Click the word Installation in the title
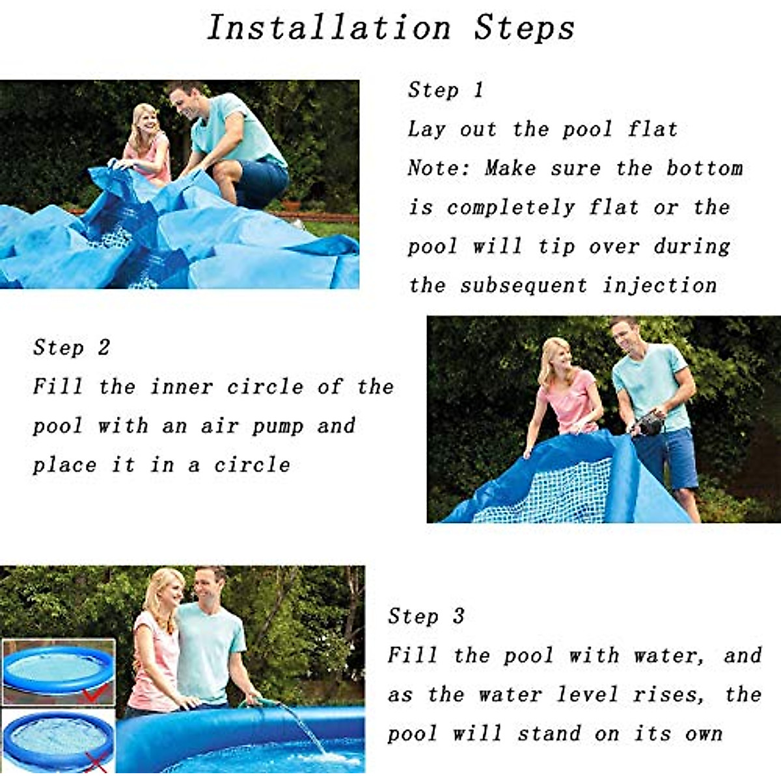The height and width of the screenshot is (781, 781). pyautogui.click(x=329, y=28)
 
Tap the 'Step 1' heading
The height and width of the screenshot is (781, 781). pyautogui.click(x=446, y=90)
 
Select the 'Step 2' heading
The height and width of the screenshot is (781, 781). pyautogui.click(x=72, y=348)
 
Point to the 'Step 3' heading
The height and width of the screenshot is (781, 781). pyautogui.click(x=426, y=616)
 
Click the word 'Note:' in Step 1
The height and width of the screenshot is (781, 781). pyautogui.click(x=439, y=168)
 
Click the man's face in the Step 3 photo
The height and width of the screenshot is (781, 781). pyautogui.click(x=208, y=586)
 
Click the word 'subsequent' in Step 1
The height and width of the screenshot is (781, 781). pyautogui.click(x=524, y=285)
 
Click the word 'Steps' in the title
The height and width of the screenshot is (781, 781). pyautogui.click(x=524, y=28)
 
